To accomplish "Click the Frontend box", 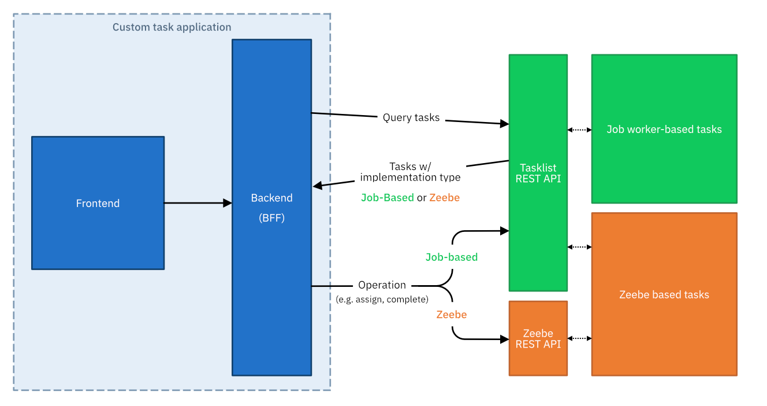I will pos(98,203).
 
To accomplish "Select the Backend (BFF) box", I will pos(271,207).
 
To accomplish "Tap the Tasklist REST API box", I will pos(538,173).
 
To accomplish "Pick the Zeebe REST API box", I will pos(538,338).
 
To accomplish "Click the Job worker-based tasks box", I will pos(664,129).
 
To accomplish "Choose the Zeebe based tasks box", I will pos(664,294).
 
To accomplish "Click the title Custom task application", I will pos(172,27).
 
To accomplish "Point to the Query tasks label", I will pos(411,117).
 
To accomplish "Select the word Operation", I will pos(382,285).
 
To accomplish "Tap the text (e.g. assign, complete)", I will pos(382,299).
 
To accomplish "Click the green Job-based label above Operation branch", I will pos(451,257).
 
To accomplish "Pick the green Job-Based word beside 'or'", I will pos(387,197).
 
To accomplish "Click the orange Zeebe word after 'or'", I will pos(444,197).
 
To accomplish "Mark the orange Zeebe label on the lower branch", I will pos(451,315).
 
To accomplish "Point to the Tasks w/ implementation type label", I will pos(411,172).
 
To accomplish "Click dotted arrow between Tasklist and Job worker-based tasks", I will pos(579,130).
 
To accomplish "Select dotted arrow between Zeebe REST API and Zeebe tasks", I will pos(579,338).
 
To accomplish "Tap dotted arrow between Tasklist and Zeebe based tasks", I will pos(579,247).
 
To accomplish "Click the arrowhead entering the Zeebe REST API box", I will pos(504,339).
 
